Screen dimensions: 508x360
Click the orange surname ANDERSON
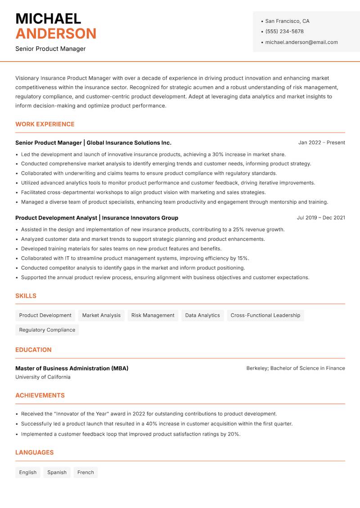(x=56, y=34)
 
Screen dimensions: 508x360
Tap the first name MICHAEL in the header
(x=48, y=18)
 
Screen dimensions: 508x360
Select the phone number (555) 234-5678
(x=284, y=31)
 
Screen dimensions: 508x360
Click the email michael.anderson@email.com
(x=301, y=42)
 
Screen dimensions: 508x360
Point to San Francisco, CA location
(x=287, y=21)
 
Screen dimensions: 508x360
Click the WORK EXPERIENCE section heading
(x=45, y=124)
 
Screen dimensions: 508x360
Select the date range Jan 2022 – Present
(x=321, y=143)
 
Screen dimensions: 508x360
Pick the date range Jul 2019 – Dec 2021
(x=321, y=218)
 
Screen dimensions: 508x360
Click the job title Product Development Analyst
(x=56, y=218)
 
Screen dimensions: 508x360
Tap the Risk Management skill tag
(x=153, y=315)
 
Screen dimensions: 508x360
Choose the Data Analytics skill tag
(x=202, y=315)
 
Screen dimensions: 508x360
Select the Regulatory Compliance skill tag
(x=47, y=330)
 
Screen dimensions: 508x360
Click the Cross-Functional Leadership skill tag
(x=265, y=315)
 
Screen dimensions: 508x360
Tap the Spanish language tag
(x=57, y=472)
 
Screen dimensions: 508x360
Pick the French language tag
(x=85, y=472)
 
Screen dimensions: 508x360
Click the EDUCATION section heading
(x=33, y=350)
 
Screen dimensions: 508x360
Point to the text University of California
(x=43, y=377)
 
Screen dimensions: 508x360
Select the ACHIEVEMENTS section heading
(x=40, y=396)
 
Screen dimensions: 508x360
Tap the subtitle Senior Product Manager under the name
(x=50, y=49)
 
